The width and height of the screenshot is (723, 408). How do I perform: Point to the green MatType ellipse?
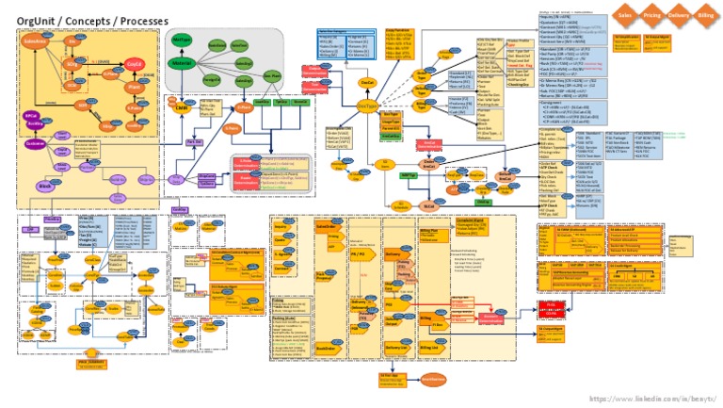click(182, 40)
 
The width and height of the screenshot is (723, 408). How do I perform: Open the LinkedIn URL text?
click(653, 399)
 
